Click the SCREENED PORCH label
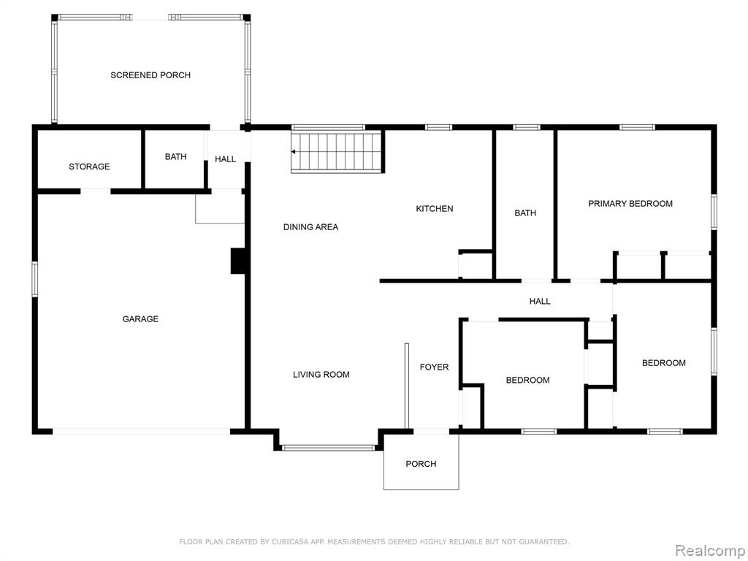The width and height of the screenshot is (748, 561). (x=150, y=75)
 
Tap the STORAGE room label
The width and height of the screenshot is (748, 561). (x=89, y=167)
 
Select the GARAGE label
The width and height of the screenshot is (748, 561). (x=140, y=318)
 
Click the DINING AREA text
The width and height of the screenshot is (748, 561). (x=310, y=227)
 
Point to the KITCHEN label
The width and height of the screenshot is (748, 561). (x=435, y=208)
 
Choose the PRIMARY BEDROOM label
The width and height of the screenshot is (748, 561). (x=630, y=204)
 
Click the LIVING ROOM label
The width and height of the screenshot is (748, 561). (x=321, y=375)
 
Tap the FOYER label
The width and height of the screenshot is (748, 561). (x=434, y=367)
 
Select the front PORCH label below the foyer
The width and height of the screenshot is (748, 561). (x=421, y=464)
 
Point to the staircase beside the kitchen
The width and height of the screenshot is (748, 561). (x=337, y=152)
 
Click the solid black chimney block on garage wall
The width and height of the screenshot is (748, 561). (x=238, y=261)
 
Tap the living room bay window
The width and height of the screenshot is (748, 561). (x=328, y=448)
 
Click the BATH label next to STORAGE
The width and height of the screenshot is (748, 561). (x=175, y=156)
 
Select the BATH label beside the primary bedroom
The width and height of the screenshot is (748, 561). (x=525, y=213)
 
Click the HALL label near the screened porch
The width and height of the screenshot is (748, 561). (x=225, y=159)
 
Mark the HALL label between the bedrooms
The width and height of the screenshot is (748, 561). (x=540, y=301)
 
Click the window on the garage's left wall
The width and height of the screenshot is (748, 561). (x=35, y=279)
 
